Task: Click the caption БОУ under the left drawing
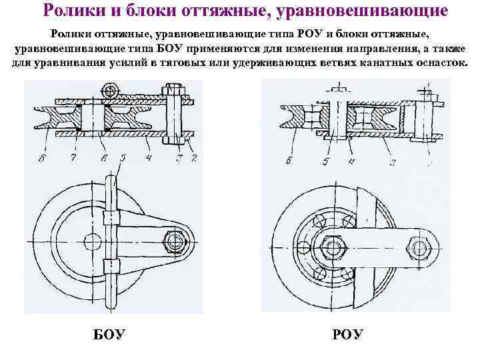point(107,333)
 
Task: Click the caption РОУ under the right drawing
point(347,333)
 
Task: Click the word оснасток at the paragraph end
point(437,63)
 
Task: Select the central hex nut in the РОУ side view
point(332,245)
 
